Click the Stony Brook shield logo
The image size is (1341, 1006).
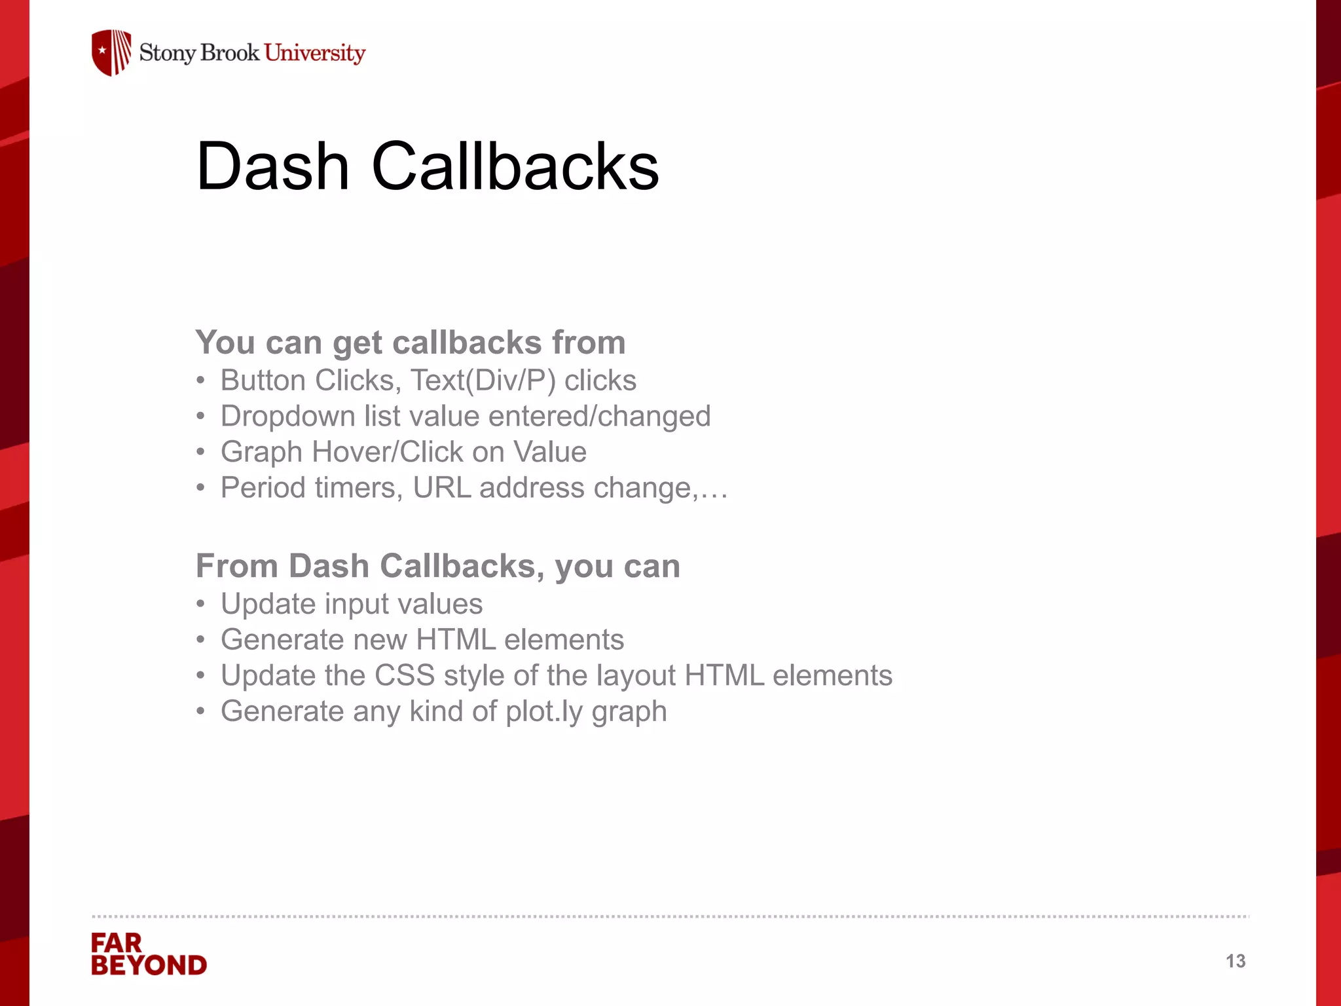click(111, 52)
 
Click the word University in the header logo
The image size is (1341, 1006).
click(315, 53)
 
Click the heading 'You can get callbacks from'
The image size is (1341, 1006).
click(411, 343)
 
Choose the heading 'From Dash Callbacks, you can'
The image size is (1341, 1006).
click(438, 566)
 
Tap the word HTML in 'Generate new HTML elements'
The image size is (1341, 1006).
click(456, 640)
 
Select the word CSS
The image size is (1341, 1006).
click(405, 676)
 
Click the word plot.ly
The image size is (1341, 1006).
click(544, 712)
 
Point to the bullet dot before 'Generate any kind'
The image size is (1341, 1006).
click(201, 712)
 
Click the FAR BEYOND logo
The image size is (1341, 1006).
click(149, 954)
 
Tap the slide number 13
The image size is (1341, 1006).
click(1236, 961)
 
